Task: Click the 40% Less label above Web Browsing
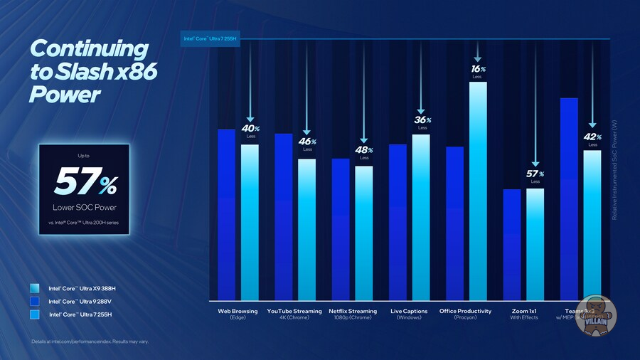(250, 131)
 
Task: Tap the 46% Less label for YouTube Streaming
(308, 144)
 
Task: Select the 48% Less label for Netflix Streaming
(365, 153)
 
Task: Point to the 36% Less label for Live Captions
(422, 122)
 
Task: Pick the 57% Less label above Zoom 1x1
(535, 176)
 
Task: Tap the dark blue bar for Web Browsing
(226, 214)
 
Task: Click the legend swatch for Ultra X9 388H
(35, 288)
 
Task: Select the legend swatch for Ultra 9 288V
(35, 301)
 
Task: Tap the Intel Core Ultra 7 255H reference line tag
(211, 38)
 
